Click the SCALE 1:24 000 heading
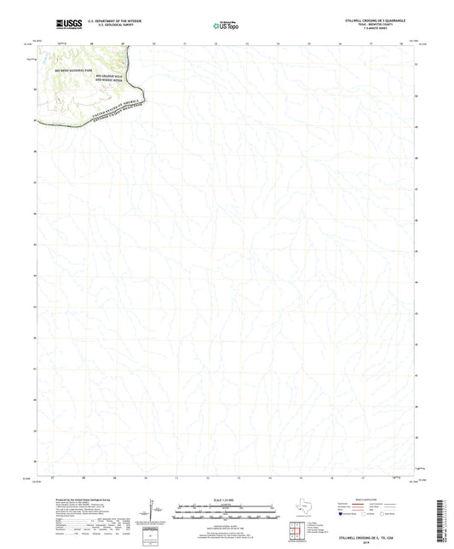(x=227, y=499)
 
